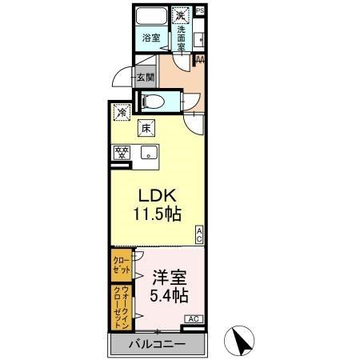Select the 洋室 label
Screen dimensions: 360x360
(169, 278)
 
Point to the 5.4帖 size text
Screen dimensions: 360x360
(169, 295)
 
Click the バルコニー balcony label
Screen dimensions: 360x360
(158, 345)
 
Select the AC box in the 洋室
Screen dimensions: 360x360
(193, 318)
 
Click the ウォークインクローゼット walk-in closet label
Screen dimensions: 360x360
(118, 307)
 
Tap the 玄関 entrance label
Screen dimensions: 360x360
(145, 78)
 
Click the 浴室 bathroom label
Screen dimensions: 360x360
(151, 38)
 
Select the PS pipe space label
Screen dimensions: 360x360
(200, 10)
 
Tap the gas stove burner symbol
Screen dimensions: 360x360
(122, 152)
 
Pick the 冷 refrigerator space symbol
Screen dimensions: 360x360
(122, 114)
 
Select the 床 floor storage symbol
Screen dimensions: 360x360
(146, 127)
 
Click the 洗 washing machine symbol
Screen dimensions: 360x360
(181, 14)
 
